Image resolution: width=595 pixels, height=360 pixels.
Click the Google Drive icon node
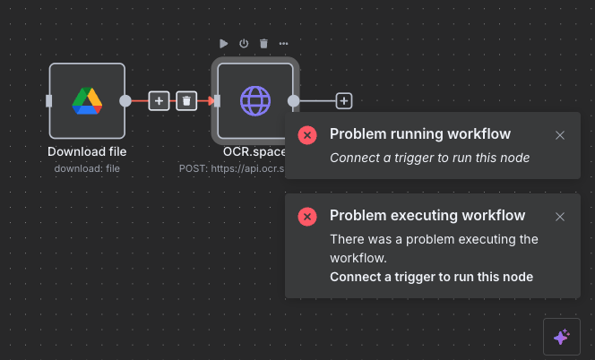87,101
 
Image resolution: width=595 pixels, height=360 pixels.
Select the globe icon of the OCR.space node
254,101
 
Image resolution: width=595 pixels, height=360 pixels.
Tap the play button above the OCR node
224,43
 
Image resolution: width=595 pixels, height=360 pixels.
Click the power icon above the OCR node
244,43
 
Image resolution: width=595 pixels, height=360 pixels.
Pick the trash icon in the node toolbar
263,43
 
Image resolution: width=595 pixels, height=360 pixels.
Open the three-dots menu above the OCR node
283,43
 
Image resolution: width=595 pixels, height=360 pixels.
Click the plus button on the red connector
159,101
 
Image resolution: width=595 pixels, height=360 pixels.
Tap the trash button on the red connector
186,101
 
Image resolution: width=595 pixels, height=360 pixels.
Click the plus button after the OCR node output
344,101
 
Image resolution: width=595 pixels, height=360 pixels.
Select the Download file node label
87,151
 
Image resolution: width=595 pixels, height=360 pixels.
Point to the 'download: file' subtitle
87,167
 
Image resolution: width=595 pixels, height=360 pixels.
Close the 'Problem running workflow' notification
560,135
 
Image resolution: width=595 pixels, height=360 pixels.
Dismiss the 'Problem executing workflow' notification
560,217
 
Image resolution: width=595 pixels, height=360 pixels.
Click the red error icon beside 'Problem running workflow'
307,135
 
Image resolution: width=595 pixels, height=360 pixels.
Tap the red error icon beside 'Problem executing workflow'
307,217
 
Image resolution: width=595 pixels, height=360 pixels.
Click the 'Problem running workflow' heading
420,134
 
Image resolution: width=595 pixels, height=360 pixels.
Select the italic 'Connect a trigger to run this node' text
429,158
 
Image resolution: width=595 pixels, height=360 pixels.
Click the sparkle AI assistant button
561,337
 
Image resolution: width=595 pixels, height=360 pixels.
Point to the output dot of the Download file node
125,101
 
